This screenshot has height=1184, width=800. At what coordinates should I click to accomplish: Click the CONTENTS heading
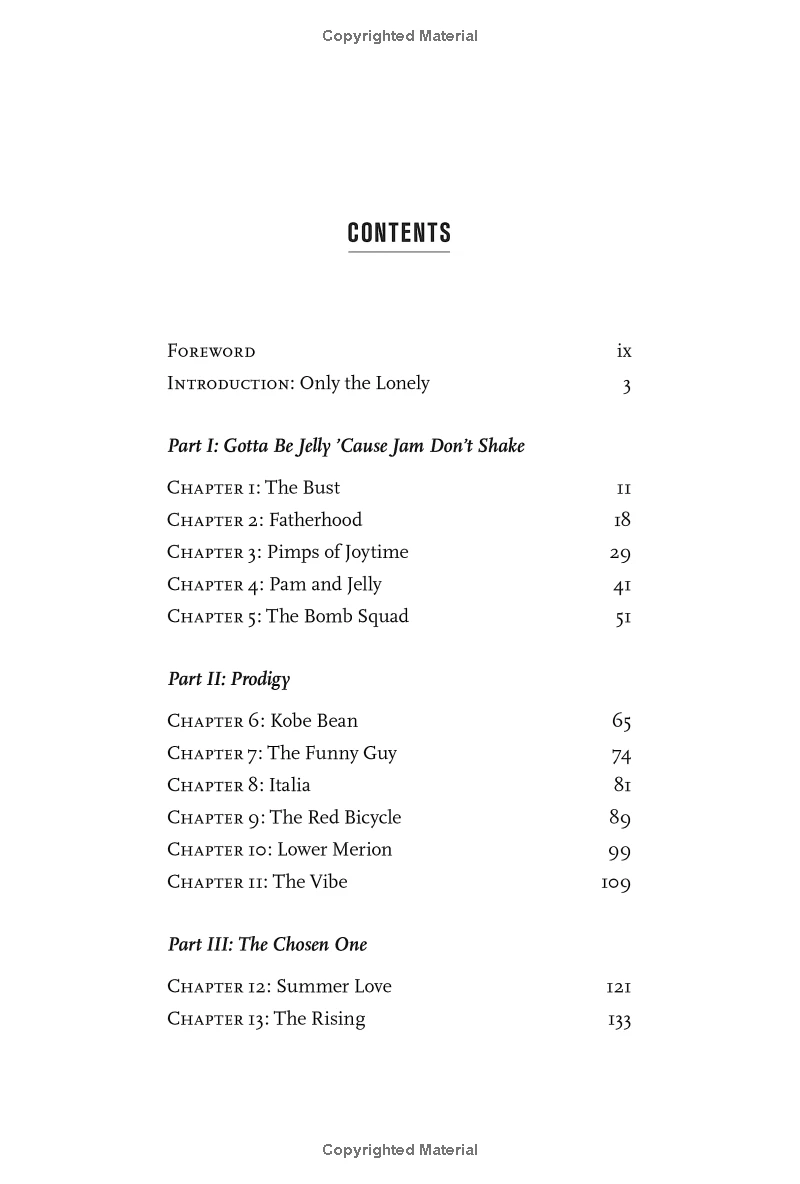tap(399, 233)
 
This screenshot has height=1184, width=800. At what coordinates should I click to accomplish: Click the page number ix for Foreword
tap(624, 351)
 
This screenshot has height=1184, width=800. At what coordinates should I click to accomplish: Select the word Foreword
tap(211, 351)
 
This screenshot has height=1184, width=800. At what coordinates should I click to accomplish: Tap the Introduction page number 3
tap(627, 385)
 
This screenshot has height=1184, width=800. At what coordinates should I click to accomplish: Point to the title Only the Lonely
tap(365, 383)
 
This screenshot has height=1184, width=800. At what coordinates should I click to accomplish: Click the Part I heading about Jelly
tap(346, 446)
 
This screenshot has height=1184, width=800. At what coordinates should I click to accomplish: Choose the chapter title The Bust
tap(303, 488)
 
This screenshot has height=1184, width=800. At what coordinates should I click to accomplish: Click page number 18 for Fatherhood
tap(622, 520)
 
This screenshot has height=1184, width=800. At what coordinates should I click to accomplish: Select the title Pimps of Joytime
tap(338, 552)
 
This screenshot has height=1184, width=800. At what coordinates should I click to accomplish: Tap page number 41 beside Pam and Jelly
tap(622, 586)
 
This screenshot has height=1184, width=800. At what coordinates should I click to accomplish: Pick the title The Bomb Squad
tap(337, 616)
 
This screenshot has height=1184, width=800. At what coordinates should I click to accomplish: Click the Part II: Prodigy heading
tap(229, 679)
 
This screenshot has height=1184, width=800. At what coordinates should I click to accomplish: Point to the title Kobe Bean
tap(314, 721)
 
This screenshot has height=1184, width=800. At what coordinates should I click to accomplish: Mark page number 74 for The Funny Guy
tap(621, 755)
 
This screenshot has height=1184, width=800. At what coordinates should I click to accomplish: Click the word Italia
tap(290, 785)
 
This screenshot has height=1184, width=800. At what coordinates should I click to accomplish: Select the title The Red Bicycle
tap(335, 817)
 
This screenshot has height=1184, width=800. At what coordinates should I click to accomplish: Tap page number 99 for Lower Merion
tap(620, 852)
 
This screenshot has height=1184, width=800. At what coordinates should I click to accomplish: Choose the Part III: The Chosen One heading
tap(268, 944)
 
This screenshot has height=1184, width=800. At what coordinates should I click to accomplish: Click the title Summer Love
tap(334, 986)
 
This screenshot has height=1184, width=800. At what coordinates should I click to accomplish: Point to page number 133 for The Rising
tap(619, 1020)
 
